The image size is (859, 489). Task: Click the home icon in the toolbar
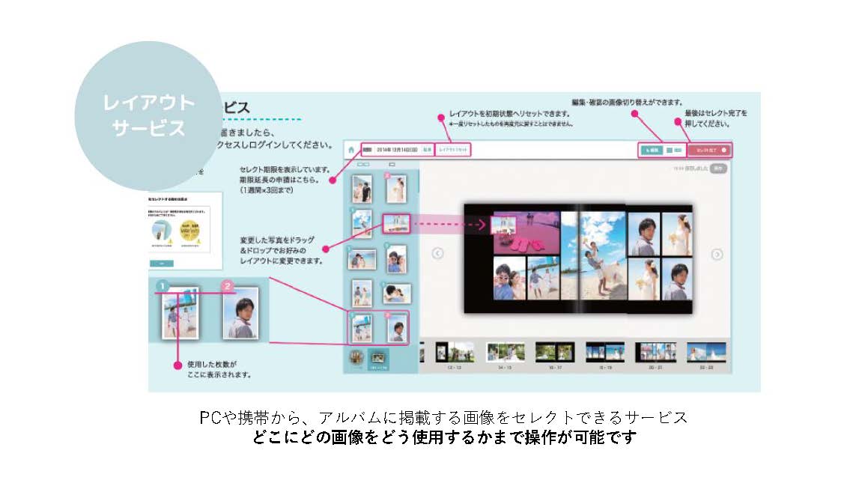(351, 150)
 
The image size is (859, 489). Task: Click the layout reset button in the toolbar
(453, 150)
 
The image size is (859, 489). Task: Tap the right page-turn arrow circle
(717, 254)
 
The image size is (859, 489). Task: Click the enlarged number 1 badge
(162, 285)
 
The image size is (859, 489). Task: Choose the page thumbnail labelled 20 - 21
(655, 352)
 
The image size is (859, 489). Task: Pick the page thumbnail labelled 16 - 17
(554, 352)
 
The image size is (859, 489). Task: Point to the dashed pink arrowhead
(485, 223)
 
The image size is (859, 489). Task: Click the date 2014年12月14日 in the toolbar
(397, 150)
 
